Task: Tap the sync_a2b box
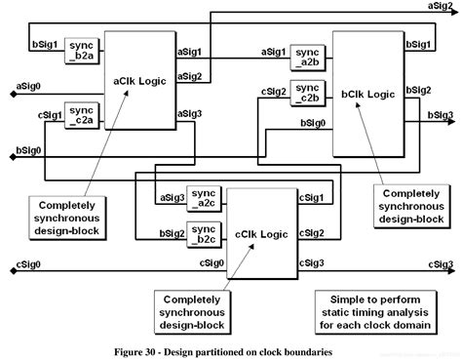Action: click(307, 56)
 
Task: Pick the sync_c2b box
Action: click(307, 94)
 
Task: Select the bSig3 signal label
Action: click(440, 115)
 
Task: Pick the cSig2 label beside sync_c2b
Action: click(274, 94)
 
